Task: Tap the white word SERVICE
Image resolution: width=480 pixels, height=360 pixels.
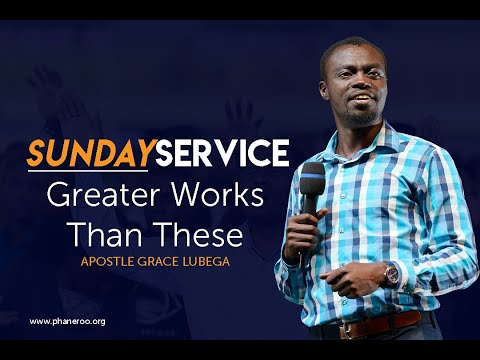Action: point(222,153)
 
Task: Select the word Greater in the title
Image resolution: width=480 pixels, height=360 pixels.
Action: point(106,195)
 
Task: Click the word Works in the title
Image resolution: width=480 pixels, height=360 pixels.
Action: point(217,195)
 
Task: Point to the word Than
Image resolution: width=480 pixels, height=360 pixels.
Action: point(111,234)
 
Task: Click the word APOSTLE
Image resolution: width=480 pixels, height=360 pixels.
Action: point(107,261)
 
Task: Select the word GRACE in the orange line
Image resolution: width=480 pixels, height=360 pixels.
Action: point(158,261)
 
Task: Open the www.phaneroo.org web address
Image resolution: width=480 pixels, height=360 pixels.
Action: point(67,322)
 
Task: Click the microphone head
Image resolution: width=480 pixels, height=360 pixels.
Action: point(312,179)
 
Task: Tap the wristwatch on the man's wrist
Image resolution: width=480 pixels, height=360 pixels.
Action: point(391,274)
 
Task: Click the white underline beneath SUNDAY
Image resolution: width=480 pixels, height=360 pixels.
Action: point(88,171)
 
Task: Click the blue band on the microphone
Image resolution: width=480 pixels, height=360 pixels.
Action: point(313,176)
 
